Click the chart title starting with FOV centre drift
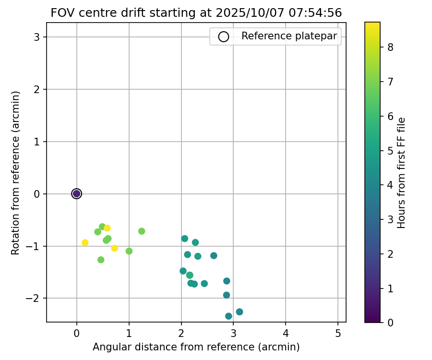click(x=196, y=13)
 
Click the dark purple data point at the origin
click(x=76, y=193)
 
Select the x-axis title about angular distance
click(x=196, y=347)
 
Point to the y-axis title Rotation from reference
click(x=16, y=173)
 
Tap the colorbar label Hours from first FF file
click(x=402, y=173)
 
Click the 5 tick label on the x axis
click(x=338, y=333)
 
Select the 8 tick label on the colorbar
click(x=390, y=47)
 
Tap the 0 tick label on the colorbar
click(x=390, y=323)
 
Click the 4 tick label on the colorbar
click(x=390, y=185)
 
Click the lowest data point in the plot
click(x=228, y=316)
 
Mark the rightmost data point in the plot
click(x=240, y=312)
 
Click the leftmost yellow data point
click(x=85, y=242)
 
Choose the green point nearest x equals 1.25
click(x=142, y=231)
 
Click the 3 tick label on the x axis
click(x=233, y=333)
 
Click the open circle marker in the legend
click(x=223, y=36)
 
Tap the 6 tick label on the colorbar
click(x=390, y=116)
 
